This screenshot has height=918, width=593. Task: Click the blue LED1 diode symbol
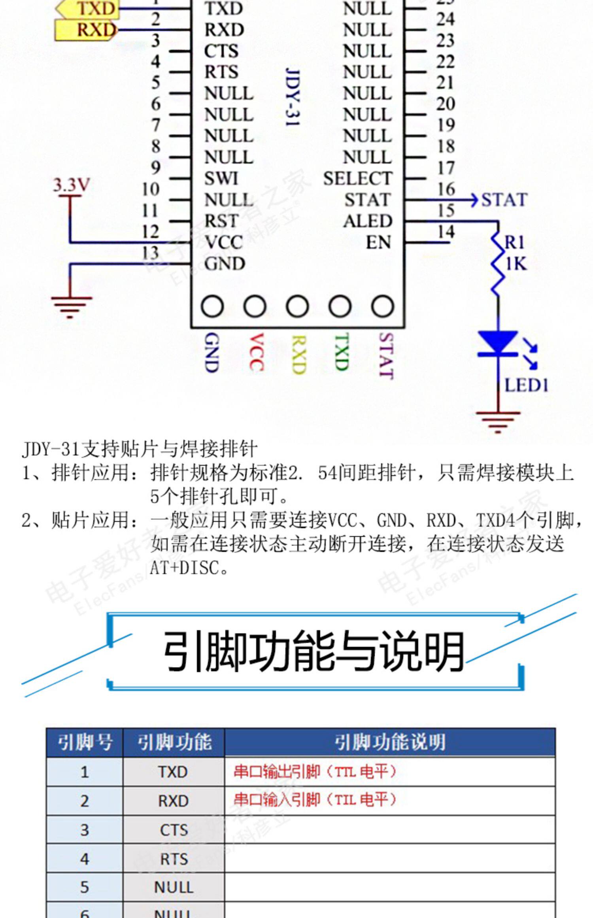[x=498, y=343]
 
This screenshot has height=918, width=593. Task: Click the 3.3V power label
[x=72, y=185]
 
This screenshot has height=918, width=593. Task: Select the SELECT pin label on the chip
[x=357, y=179]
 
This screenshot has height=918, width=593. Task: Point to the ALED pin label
[x=367, y=221]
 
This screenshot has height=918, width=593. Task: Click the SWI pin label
[x=221, y=179]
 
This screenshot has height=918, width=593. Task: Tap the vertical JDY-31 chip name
[x=293, y=97]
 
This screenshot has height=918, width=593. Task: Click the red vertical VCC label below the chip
[x=257, y=352]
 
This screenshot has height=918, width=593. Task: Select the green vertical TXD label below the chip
[x=341, y=352]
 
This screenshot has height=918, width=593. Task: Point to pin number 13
[x=150, y=253]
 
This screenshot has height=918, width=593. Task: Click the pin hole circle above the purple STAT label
[x=382, y=306]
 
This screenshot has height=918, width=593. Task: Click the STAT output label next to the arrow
[x=504, y=200]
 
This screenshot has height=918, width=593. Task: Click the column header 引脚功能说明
[x=390, y=742]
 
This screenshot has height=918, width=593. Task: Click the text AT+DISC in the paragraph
[x=185, y=568]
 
